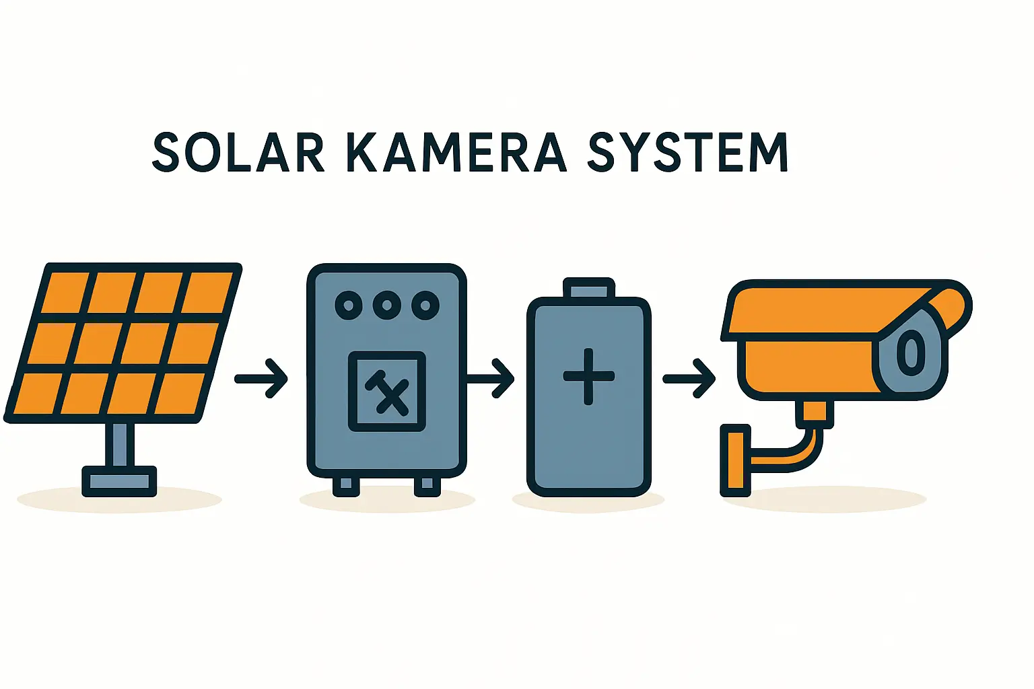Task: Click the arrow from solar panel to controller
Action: tap(262, 379)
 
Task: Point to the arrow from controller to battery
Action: tap(491, 379)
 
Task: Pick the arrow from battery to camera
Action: tap(689, 379)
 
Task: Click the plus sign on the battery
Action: tap(588, 376)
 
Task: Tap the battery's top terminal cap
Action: tap(588, 289)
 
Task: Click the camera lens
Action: tap(911, 352)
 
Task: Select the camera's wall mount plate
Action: tap(735, 460)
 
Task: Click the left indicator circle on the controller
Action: tap(349, 305)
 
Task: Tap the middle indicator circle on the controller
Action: tap(387, 305)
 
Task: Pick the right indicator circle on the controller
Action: tap(425, 305)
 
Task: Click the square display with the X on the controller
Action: tap(387, 391)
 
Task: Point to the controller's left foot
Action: tap(346, 486)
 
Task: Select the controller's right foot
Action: tap(427, 486)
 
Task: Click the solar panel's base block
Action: tap(119, 481)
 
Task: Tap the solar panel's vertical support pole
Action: tap(119, 444)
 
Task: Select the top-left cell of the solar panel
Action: tap(66, 293)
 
